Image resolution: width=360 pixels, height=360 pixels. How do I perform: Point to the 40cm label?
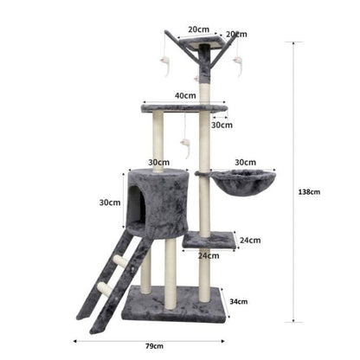pos(183,95)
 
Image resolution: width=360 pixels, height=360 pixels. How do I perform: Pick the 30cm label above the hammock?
pos(245,161)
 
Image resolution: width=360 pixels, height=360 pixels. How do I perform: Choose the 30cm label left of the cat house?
pos(109,202)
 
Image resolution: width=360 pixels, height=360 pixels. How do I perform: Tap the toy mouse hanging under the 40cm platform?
pos(184,145)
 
